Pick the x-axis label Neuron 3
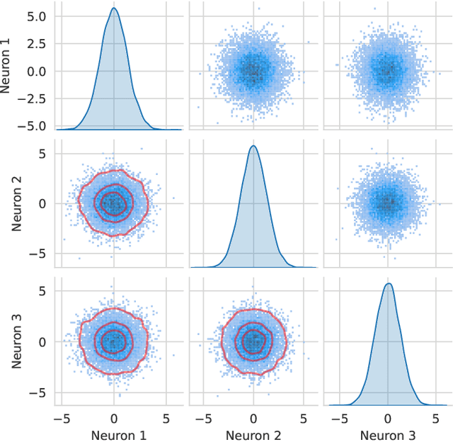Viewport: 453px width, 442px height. [388, 434]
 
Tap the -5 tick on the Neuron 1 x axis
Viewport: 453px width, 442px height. [62, 417]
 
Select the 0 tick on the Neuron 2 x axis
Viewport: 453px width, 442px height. [253, 417]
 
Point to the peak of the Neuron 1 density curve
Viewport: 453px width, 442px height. [114, 8]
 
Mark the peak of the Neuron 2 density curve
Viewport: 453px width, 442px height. [253, 146]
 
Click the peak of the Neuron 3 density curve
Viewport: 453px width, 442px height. [388, 284]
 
